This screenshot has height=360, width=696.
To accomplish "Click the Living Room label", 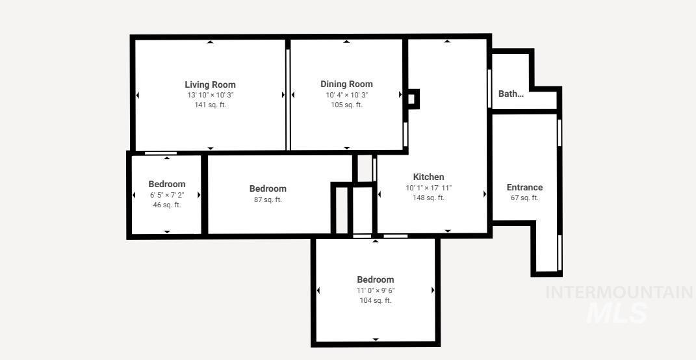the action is tap(210, 84).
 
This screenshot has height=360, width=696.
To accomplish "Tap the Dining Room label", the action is tap(346, 84).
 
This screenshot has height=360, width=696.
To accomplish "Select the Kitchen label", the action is tap(428, 177).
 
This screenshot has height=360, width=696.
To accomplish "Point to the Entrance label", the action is tap(524, 187).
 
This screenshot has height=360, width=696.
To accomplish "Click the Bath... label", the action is tap(511, 94).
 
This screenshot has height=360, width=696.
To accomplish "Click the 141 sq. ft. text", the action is tap(210, 105).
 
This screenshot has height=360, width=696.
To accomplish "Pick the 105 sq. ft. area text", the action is tap(346, 105).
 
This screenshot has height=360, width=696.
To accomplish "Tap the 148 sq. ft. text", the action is tap(428, 198).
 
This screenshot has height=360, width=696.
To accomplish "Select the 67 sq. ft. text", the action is tap(524, 198).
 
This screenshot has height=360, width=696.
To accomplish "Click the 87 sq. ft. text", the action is tap(268, 199).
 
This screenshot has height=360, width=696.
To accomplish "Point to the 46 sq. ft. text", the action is tap(167, 205).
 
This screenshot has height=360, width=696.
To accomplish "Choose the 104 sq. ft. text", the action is tap(376, 300).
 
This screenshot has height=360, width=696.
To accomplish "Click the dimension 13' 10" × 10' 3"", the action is tap(210, 95).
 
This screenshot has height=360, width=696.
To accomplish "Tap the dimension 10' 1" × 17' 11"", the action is tap(428, 188).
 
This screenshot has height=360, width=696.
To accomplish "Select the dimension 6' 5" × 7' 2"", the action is tap(167, 195).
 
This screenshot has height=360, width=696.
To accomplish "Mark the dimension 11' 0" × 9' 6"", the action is tap(376, 290).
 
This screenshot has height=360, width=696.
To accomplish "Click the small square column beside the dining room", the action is tap(411, 99).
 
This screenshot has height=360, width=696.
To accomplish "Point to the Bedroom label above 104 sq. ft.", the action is tap(376, 279).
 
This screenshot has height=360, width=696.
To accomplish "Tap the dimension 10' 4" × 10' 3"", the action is tap(346, 95).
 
